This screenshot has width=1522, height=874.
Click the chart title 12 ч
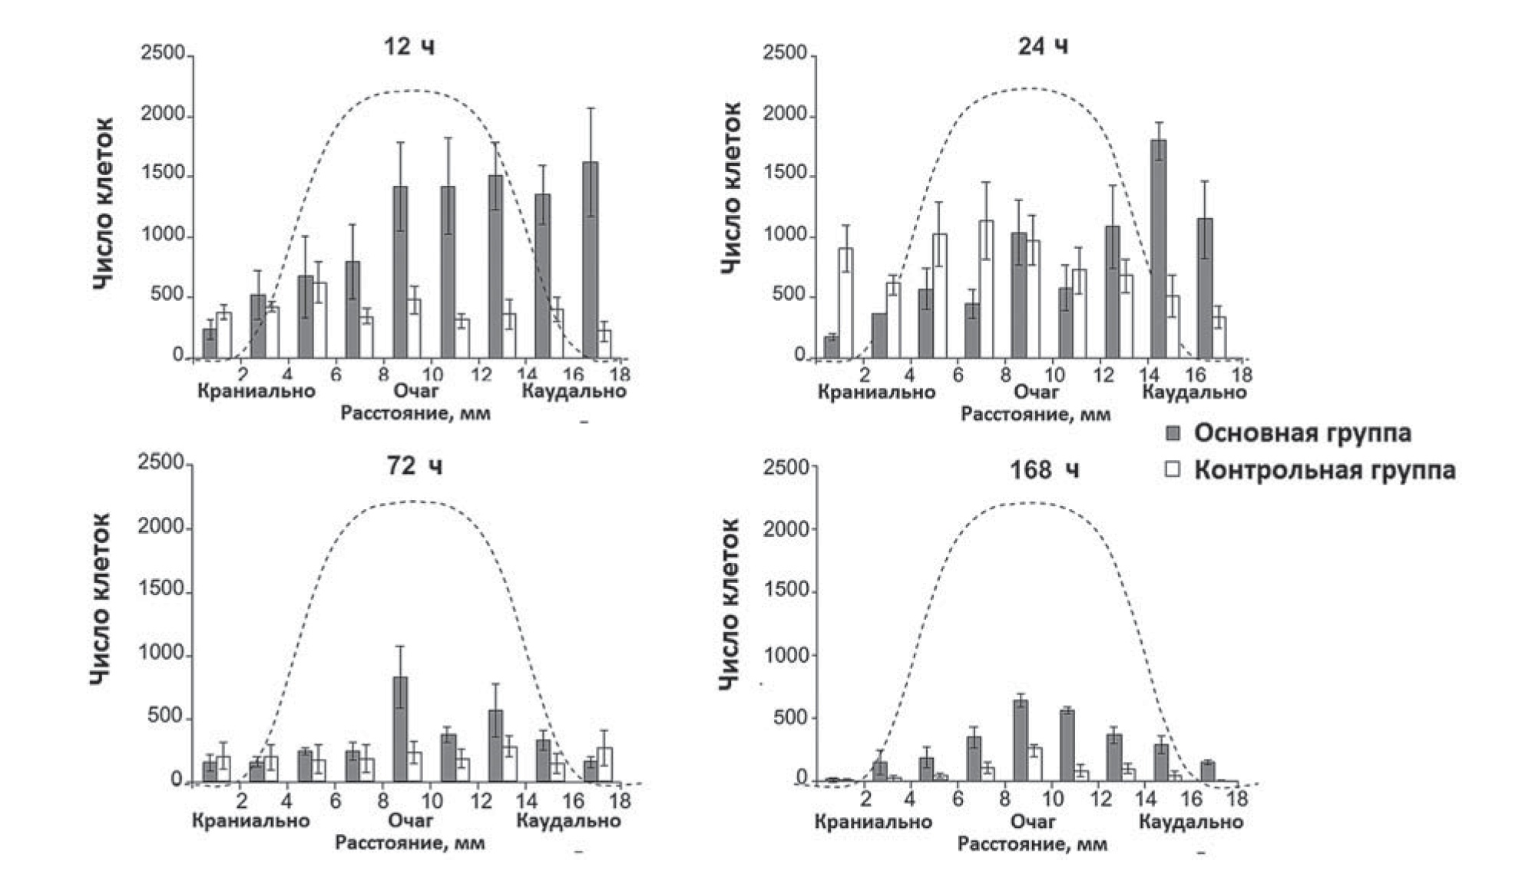coord(409,47)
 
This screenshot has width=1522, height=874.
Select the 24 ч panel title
coord(1042,47)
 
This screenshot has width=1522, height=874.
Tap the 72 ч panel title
coord(414,466)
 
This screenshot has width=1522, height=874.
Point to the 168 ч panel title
coord(1044,468)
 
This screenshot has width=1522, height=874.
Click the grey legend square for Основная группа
coord(1173,433)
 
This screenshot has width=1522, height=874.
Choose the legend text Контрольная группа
coord(1324,469)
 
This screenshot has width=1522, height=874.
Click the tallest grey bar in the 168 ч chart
coord(1021,740)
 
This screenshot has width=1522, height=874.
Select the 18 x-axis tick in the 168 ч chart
coord(1236,799)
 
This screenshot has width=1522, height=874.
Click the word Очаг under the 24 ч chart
coord(1036,392)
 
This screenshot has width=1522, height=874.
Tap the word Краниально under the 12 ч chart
coord(256,391)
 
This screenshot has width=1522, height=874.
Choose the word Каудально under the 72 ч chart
coord(568,820)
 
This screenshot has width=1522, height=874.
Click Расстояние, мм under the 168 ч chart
coord(1032,844)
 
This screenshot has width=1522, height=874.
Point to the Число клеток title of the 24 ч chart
coord(732,187)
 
